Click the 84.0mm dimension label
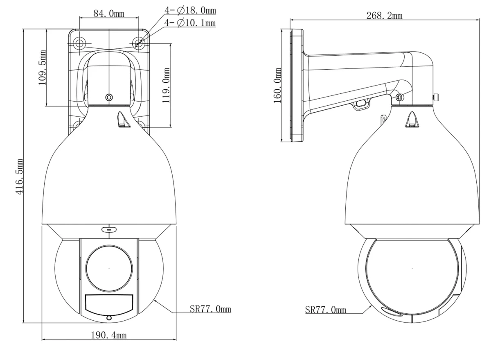(109, 14)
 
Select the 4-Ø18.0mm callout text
(190, 10)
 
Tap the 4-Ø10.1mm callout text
(190, 23)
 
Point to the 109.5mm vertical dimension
(42, 68)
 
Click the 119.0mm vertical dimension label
(166, 85)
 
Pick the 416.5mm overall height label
(19, 177)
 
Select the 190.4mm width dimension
(109, 335)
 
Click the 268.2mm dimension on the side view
(385, 16)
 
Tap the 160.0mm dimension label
(277, 85)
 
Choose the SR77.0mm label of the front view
(210, 309)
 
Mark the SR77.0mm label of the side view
(326, 310)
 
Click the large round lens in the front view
(109, 269)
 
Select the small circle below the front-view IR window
(109, 318)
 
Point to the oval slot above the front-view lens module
(109, 230)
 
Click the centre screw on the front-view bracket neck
(109, 97)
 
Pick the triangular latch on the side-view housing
(413, 120)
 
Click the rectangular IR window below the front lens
(109, 303)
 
